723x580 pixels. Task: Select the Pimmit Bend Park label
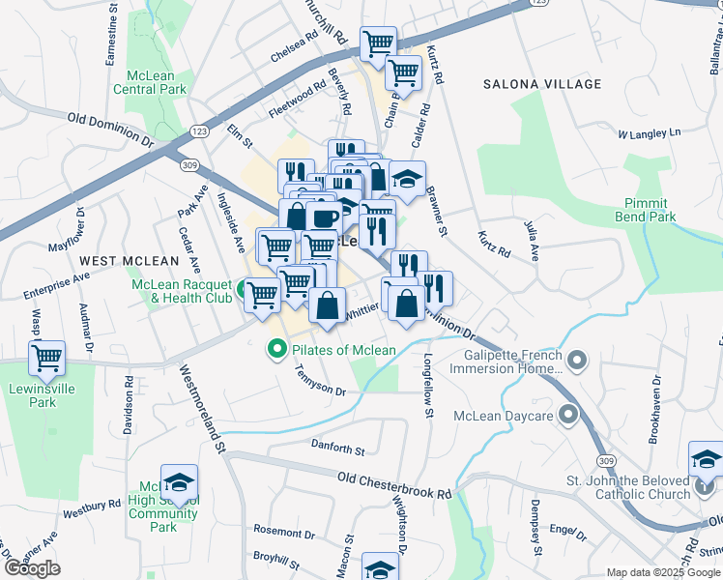click(x=646, y=211)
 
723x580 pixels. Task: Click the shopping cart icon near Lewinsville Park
click(x=46, y=360)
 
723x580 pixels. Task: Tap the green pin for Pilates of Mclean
click(x=277, y=349)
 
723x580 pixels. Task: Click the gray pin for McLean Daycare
click(x=567, y=417)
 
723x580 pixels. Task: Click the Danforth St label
click(x=337, y=449)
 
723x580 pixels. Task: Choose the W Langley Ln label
click(x=650, y=132)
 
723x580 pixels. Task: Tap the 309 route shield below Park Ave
click(x=188, y=166)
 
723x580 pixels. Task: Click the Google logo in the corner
click(x=32, y=568)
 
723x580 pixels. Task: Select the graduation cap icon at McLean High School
click(x=180, y=482)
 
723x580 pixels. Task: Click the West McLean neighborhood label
click(x=129, y=261)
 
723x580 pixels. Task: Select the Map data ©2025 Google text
click(x=663, y=572)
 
